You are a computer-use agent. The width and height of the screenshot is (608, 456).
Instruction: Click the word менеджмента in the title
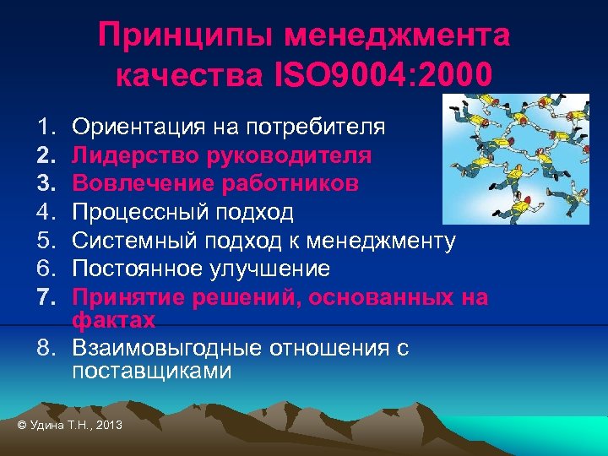click(x=396, y=36)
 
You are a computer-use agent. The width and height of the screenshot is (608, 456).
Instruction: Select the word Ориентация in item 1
click(x=136, y=128)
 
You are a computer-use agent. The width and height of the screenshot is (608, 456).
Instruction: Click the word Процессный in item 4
click(x=136, y=212)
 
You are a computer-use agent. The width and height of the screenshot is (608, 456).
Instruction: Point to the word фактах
click(x=113, y=320)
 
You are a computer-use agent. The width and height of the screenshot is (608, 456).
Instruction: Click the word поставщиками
click(x=151, y=371)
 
